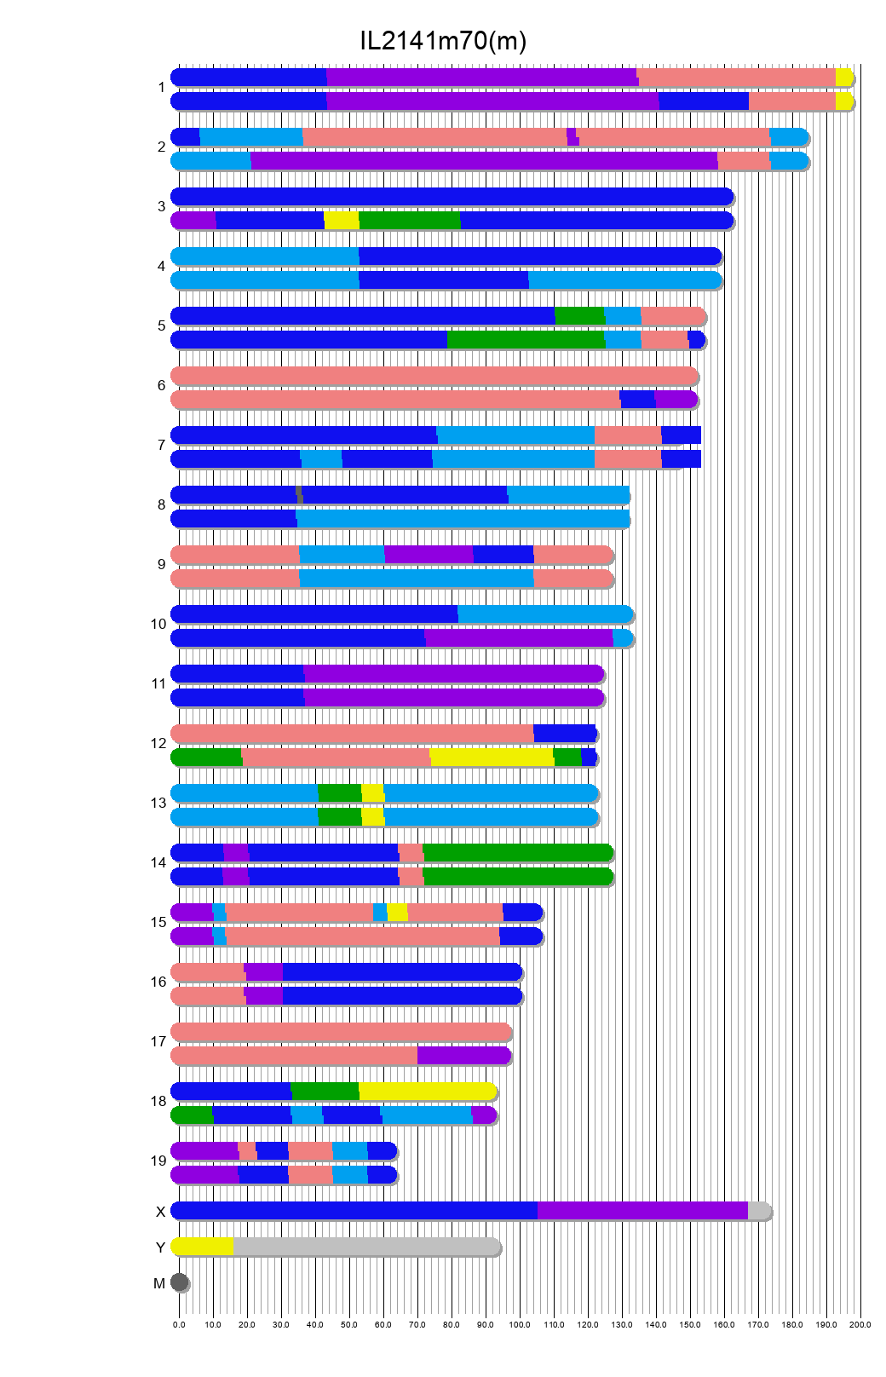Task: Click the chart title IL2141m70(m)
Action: coord(443,40)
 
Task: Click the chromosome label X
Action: coord(160,1212)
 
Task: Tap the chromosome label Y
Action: coord(160,1247)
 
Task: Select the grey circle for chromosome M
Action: coord(179,1282)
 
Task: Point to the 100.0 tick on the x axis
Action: coord(520,1325)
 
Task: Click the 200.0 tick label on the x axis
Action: coord(860,1325)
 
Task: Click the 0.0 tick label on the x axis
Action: coord(179,1325)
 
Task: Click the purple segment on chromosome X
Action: coord(642,1211)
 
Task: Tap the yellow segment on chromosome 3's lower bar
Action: coord(342,221)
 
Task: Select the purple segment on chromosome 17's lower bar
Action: coord(463,1056)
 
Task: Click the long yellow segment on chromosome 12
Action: coord(492,758)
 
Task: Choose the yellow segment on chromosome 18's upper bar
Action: coord(427,1092)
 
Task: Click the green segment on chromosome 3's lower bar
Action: coord(410,221)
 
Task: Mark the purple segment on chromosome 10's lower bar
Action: coord(518,638)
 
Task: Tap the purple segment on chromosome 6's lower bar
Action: coord(676,400)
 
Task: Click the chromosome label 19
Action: coord(158,1161)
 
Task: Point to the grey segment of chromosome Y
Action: coord(366,1247)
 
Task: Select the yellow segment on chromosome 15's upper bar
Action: coord(397,913)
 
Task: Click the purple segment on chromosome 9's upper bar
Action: coord(429,555)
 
